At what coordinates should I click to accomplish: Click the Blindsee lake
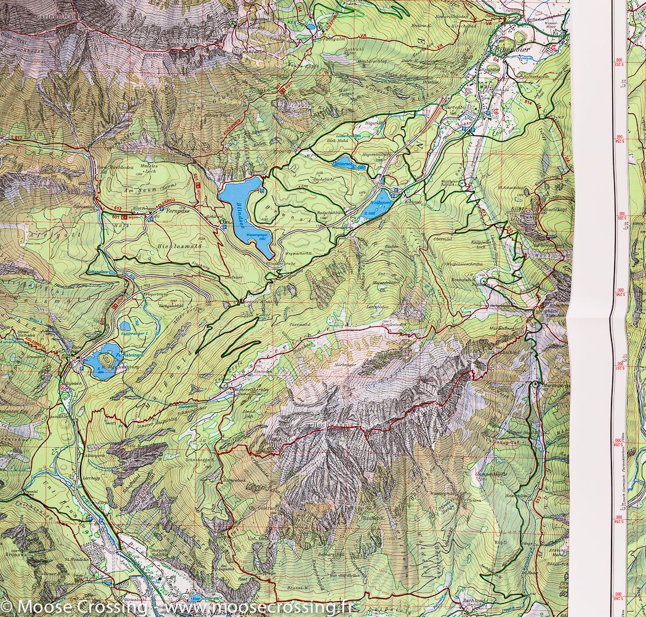tap(243, 212)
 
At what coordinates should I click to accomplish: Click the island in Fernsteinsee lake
tap(108, 359)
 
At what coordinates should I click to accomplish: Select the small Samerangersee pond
tap(126, 326)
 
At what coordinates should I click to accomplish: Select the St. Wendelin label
tap(74, 560)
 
